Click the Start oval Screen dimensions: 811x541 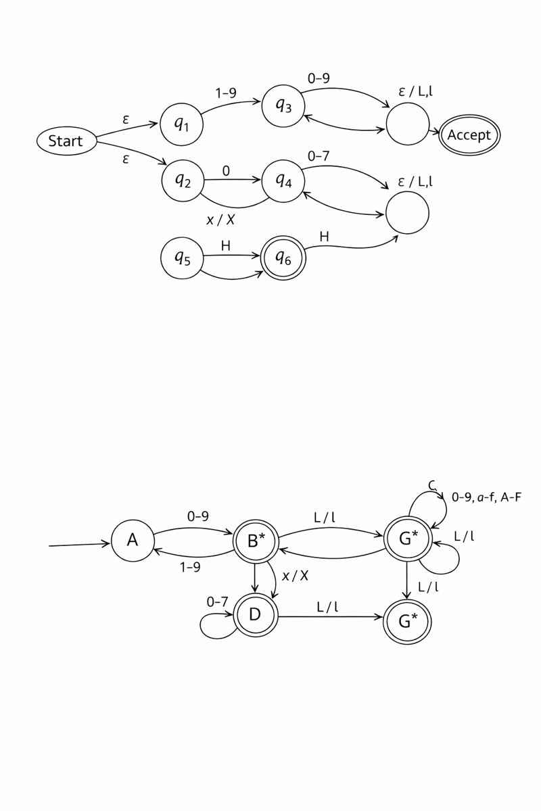point(66,141)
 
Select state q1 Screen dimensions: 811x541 point(181,124)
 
